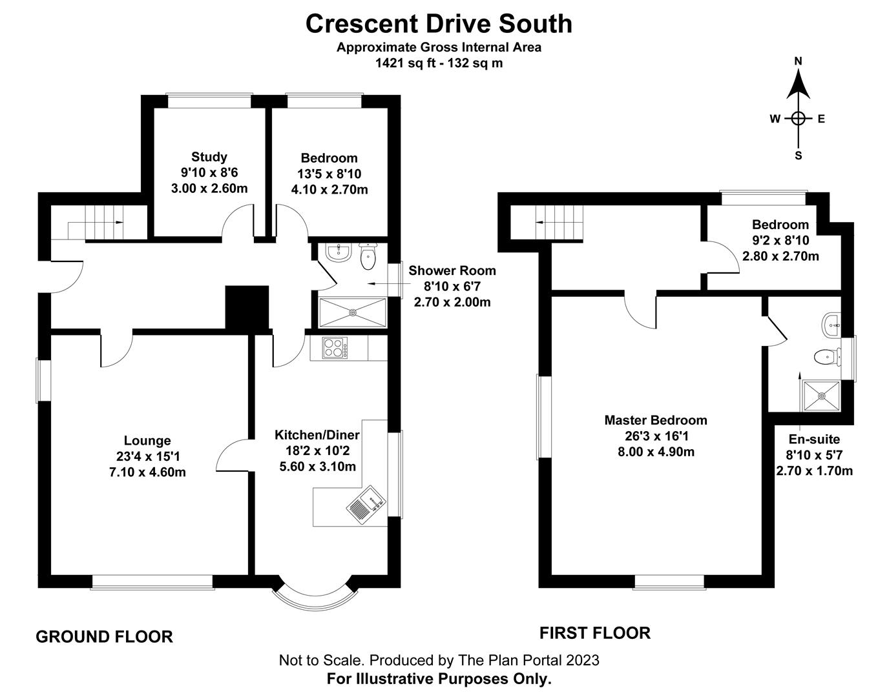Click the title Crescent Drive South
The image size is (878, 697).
click(439, 24)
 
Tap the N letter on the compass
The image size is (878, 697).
click(798, 61)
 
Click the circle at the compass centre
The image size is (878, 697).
click(798, 118)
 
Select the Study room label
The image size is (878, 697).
click(209, 157)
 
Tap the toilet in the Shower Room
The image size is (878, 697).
click(368, 258)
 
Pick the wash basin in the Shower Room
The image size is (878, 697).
click(336, 252)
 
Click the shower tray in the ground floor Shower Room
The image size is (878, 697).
click(352, 313)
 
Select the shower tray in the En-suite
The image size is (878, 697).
click(821, 395)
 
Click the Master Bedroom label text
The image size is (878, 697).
click(655, 420)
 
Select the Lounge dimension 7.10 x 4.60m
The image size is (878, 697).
click(147, 472)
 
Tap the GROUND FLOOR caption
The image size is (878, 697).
click(104, 637)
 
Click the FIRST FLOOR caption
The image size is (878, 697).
click(594, 633)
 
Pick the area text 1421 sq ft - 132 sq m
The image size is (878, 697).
click(439, 63)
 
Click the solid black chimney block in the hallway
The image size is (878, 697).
click(246, 308)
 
